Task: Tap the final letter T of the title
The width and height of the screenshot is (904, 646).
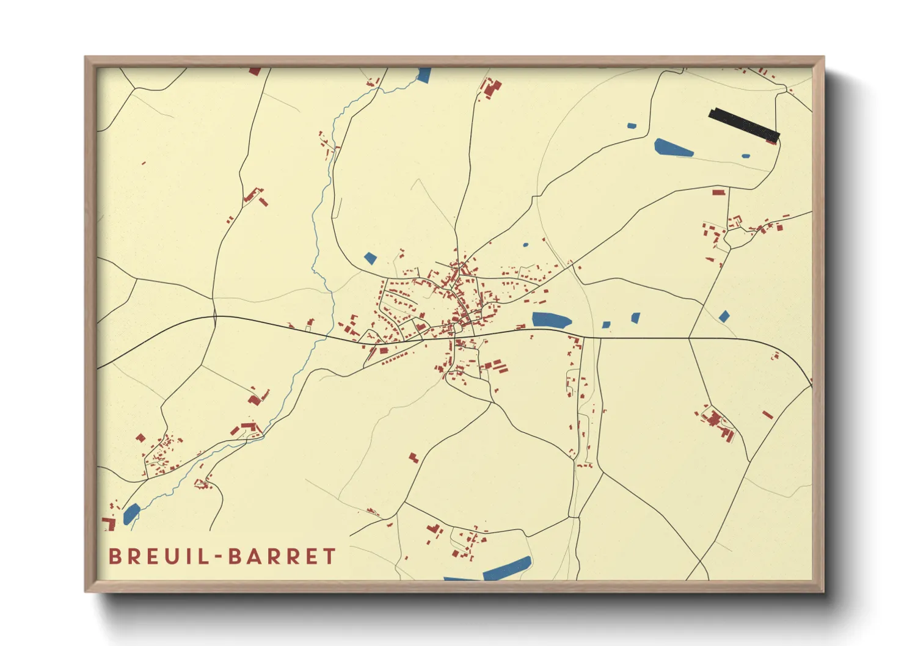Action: click(330, 556)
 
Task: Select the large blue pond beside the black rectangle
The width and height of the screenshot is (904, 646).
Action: click(673, 148)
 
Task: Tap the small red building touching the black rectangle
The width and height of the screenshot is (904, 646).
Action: click(771, 141)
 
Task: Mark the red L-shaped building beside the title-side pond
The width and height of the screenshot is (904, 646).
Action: click(110, 523)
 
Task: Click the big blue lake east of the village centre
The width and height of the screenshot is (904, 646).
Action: click(551, 319)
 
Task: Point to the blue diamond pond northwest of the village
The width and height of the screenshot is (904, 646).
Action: click(370, 258)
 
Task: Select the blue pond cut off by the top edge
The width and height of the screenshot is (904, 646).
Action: click(424, 75)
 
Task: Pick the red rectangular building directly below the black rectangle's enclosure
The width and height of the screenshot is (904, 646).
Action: click(718, 192)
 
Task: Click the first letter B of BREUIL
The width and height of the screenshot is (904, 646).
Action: click(114, 556)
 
